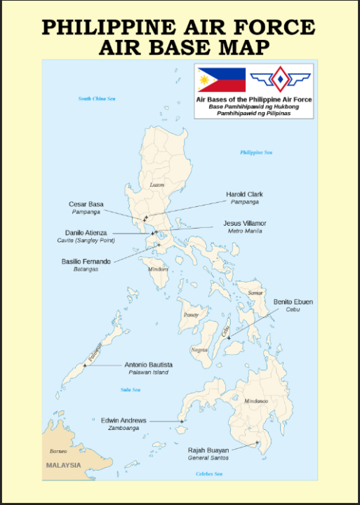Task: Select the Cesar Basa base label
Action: pos(86,204)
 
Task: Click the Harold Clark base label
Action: pos(245,194)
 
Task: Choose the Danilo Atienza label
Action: pos(86,232)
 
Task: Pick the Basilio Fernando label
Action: pos(86,262)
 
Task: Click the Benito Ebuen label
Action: pos(293,302)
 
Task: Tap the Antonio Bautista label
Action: pos(149,365)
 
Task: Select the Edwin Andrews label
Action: pos(124,421)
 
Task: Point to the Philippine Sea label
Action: pos(256,152)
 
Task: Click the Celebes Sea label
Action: pos(208,474)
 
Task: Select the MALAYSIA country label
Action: pos(63,465)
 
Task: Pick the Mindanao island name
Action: pos(256,401)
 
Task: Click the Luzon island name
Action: pos(157,185)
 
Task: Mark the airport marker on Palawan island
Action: pos(85,365)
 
